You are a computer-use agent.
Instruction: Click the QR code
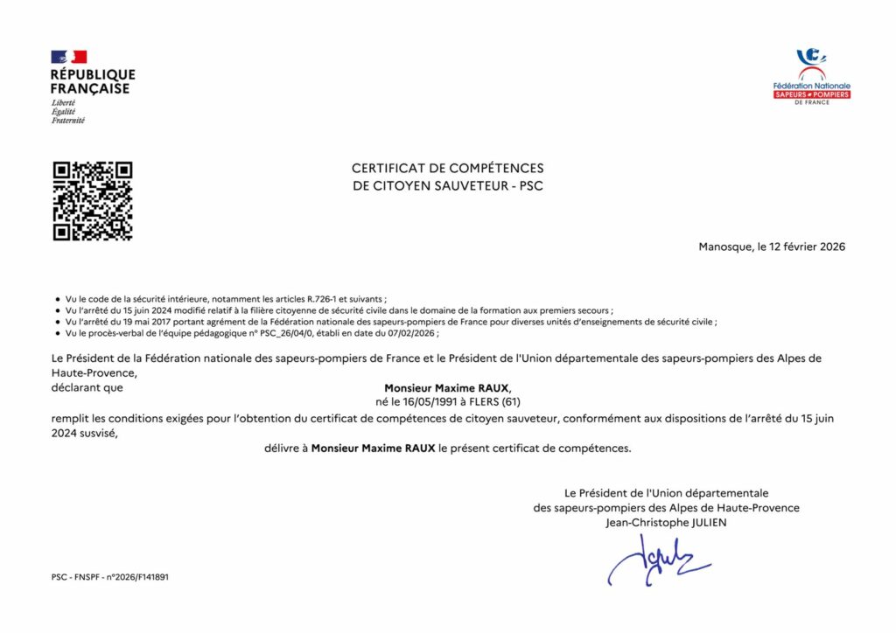92,200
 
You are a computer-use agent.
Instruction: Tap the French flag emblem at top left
68,57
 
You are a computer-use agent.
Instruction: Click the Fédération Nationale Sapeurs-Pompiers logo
811,77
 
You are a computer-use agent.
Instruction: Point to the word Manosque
725,247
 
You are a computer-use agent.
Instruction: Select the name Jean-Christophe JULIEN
666,523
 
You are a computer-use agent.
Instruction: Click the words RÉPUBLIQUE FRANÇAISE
92,81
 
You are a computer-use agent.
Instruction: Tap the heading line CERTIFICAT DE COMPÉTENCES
447,168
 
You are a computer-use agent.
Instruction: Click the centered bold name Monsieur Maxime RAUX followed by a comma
447,387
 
